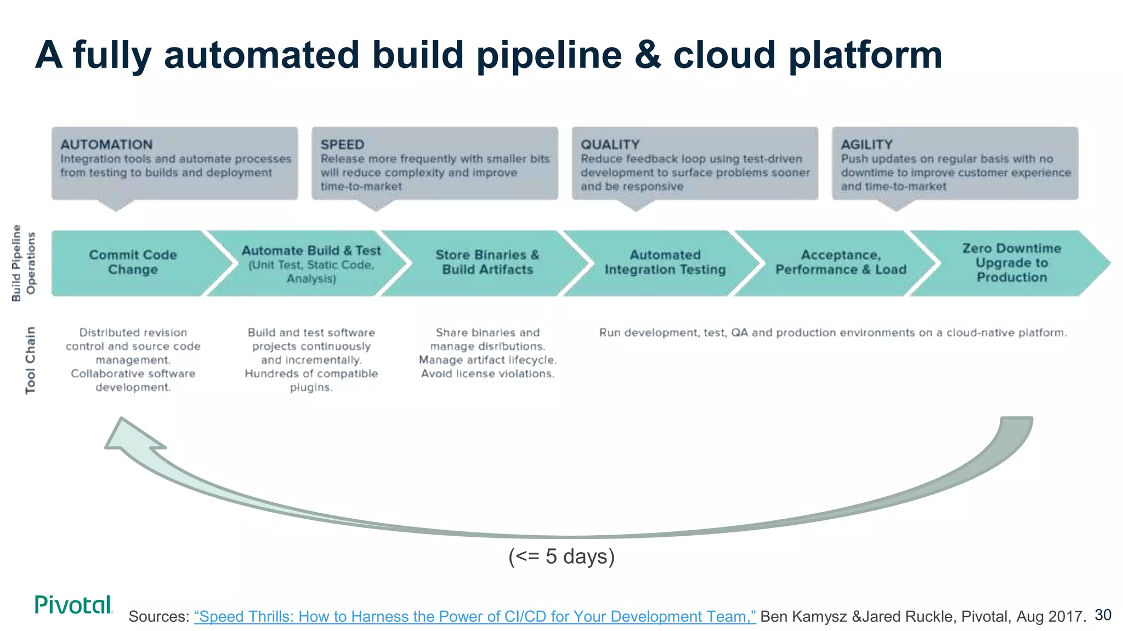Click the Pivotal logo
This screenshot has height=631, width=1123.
pos(73,605)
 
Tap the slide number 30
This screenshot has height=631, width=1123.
pos(1103,615)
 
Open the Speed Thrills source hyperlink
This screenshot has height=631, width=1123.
pos(475,617)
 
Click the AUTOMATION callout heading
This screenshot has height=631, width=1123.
pos(106,145)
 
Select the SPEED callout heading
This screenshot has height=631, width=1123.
pos(342,145)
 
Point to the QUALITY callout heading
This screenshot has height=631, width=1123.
pos(610,145)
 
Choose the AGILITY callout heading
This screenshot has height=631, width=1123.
pos(866,145)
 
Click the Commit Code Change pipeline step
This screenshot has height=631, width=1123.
pos(133,262)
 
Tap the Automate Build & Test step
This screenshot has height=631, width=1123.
pos(311,263)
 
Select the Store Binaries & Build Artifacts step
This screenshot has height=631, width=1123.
pos(487,262)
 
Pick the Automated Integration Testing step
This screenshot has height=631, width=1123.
pos(665,262)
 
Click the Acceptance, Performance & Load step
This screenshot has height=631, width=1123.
pos(841,262)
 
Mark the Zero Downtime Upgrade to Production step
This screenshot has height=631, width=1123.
pos(1011,263)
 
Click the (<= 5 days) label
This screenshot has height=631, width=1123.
pos(561,557)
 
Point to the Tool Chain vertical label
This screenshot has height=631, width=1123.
pos(30,360)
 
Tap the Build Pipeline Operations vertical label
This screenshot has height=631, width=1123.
pos(24,263)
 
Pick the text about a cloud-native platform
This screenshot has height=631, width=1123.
pos(832,332)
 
